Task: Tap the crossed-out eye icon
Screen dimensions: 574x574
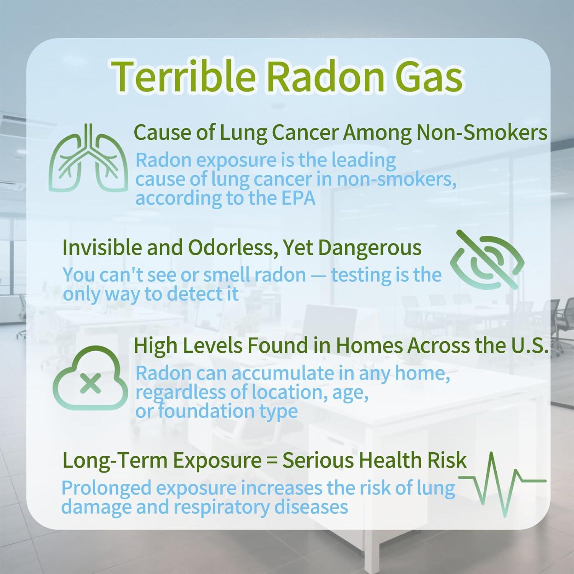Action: tap(487, 260)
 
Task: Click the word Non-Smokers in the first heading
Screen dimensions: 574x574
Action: tap(482, 133)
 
